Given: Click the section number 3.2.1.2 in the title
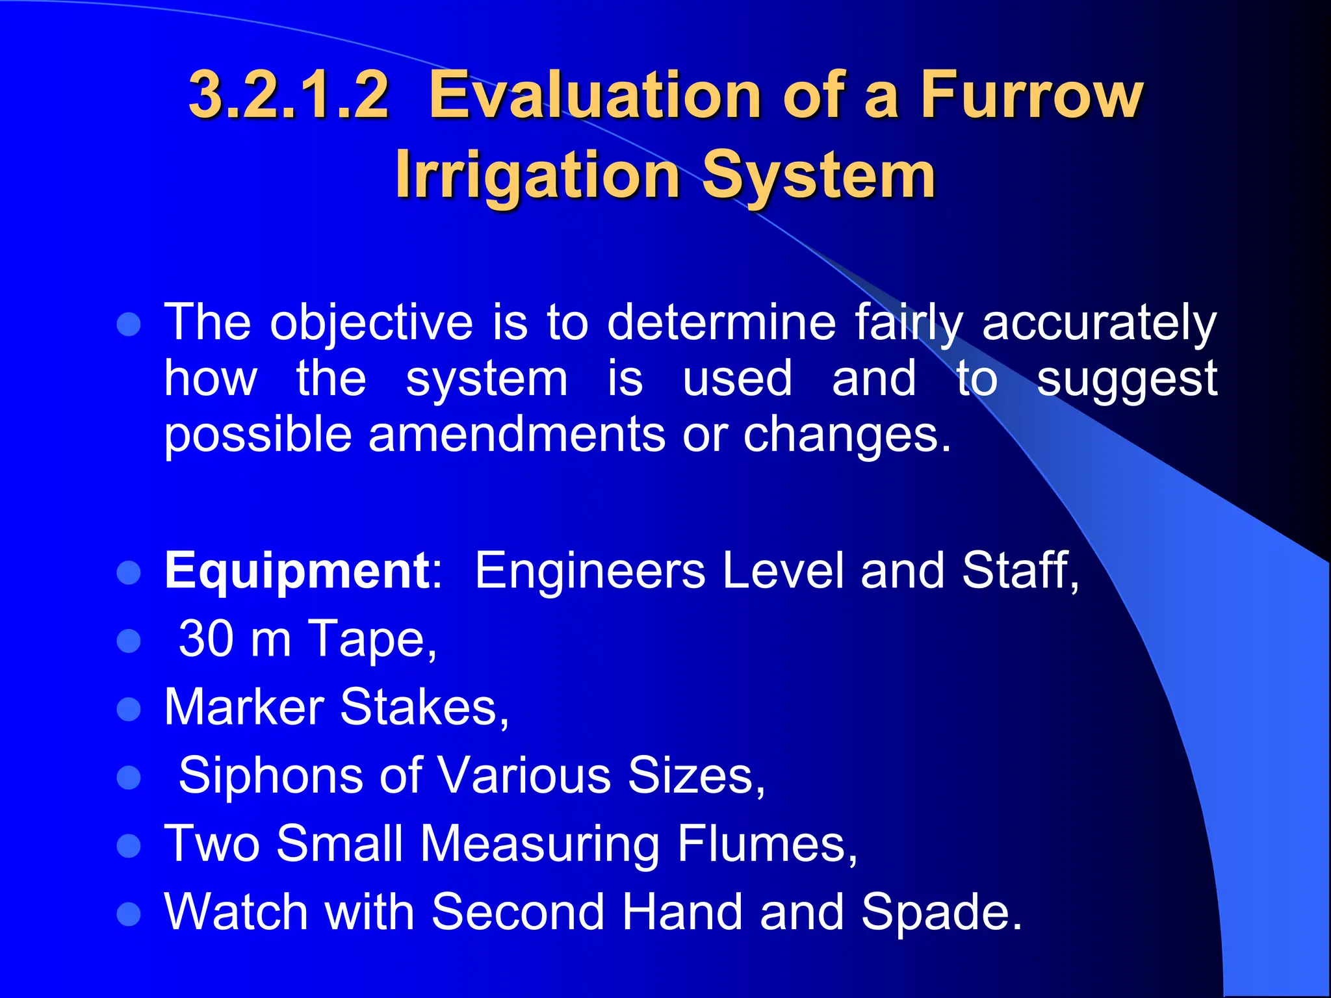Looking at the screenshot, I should coord(289,96).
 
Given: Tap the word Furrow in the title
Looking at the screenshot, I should coord(1031,96).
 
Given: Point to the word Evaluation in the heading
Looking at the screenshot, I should coord(594,96).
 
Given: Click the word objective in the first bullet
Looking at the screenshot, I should coord(372,323).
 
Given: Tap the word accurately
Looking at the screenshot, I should coord(1099,323).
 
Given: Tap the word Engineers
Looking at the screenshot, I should coord(590,570).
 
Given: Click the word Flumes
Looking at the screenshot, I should coord(767,843).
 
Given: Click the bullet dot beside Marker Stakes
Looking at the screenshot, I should coord(129,710).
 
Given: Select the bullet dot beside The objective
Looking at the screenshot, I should coord(129,324).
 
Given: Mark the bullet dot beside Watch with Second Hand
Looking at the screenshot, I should coord(129,914).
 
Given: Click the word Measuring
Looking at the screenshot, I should coord(539,845).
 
